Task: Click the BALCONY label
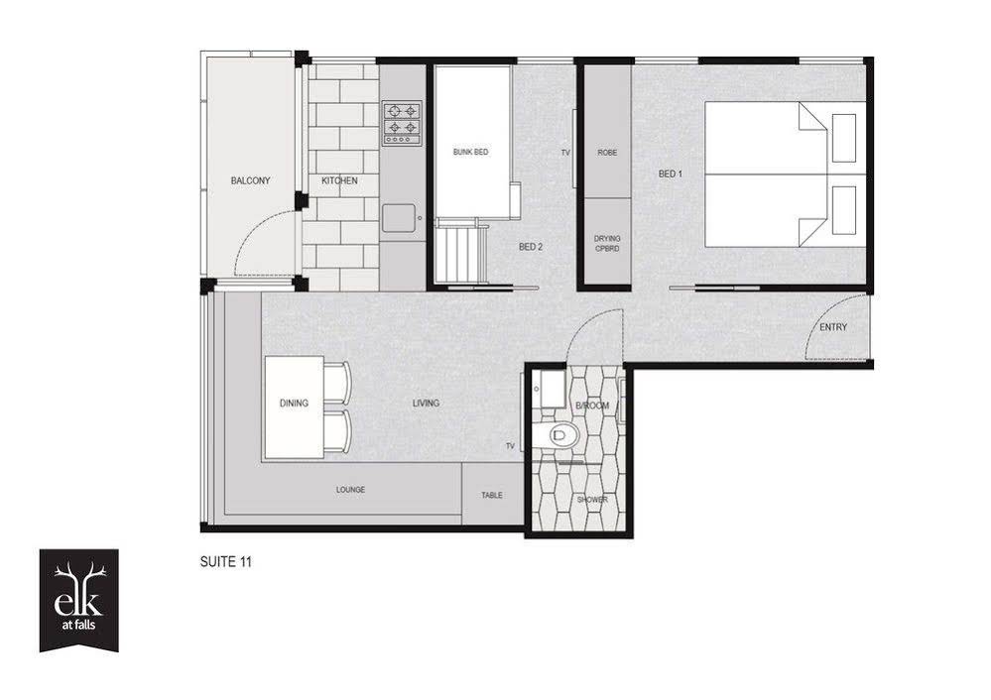tap(250, 180)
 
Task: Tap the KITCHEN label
tap(339, 180)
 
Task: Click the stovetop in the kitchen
tap(402, 124)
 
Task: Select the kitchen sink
tap(399, 217)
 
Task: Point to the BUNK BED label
tap(471, 153)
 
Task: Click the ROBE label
tap(607, 153)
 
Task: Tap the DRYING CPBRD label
tap(607, 244)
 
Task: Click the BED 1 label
tap(671, 174)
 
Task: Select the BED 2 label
tap(531, 247)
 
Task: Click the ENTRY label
tap(833, 327)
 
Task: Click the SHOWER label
tap(592, 500)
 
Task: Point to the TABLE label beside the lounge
tap(492, 496)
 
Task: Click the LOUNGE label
tap(350, 490)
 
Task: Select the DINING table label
tap(294, 404)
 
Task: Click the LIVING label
tap(426, 404)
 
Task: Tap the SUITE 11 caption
tap(225, 561)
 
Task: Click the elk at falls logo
tap(79, 600)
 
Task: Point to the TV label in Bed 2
tap(565, 153)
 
